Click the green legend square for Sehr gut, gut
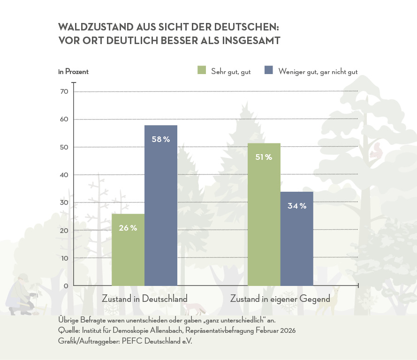202,70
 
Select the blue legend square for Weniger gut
269,70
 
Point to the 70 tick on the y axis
64,91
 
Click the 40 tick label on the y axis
64,175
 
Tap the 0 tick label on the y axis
66,286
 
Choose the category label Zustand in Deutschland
144,299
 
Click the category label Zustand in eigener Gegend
280,299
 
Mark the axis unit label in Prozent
73,72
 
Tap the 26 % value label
128,228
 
